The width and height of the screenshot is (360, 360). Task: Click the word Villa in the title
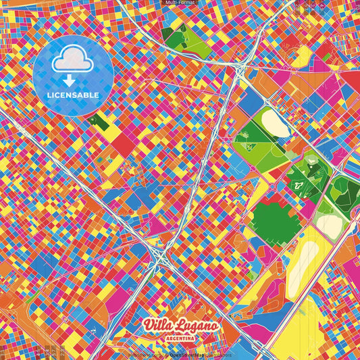(x=158, y=326)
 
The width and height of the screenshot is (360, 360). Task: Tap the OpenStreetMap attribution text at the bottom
(x=187, y=353)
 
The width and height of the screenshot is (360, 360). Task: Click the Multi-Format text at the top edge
(x=180, y=3)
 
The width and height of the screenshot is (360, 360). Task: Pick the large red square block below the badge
(x=123, y=143)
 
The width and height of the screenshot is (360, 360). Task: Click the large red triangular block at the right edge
(x=351, y=78)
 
